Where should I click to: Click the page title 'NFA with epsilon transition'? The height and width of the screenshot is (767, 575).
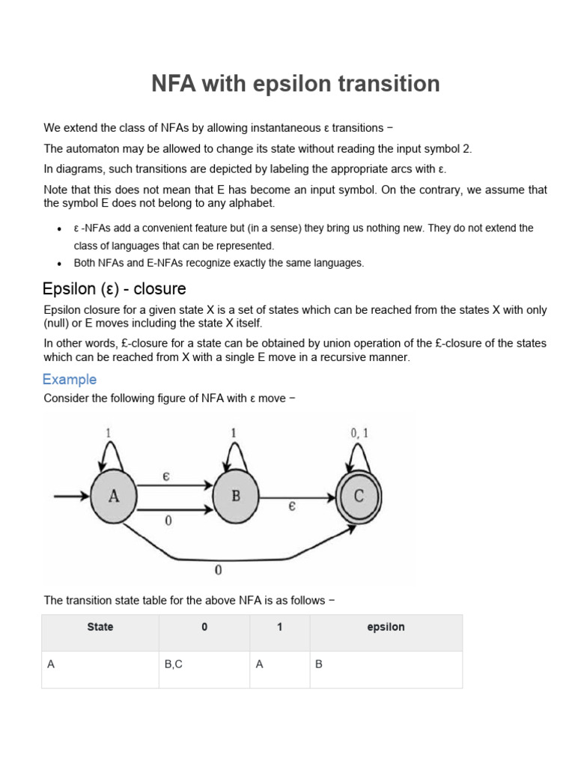coord(296,84)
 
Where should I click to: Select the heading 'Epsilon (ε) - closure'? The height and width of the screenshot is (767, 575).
coord(114,288)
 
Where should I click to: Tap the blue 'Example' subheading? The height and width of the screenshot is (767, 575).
coord(70,379)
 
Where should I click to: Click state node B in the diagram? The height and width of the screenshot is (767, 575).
coord(236,496)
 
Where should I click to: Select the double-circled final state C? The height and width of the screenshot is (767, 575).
coord(359,496)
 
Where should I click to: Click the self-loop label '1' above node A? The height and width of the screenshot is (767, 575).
coord(109,432)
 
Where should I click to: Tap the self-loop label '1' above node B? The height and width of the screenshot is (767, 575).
coord(234,432)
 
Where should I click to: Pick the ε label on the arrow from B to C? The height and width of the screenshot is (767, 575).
coord(292,507)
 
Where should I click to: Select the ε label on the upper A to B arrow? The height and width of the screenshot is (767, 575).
coord(168,476)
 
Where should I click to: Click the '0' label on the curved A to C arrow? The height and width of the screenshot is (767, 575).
coord(218,570)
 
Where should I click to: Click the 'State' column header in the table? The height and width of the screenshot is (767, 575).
coord(100,627)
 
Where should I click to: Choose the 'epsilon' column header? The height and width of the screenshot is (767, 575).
coord(386,627)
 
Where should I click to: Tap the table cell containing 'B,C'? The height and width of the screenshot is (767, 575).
coord(173,664)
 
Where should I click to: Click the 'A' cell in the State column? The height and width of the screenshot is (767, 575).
coord(51,664)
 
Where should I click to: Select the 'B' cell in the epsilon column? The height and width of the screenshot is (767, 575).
coord(319,664)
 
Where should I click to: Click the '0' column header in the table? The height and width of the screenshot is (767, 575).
coord(204,627)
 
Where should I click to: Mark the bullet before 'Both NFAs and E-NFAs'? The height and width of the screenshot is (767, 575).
coord(59,264)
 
